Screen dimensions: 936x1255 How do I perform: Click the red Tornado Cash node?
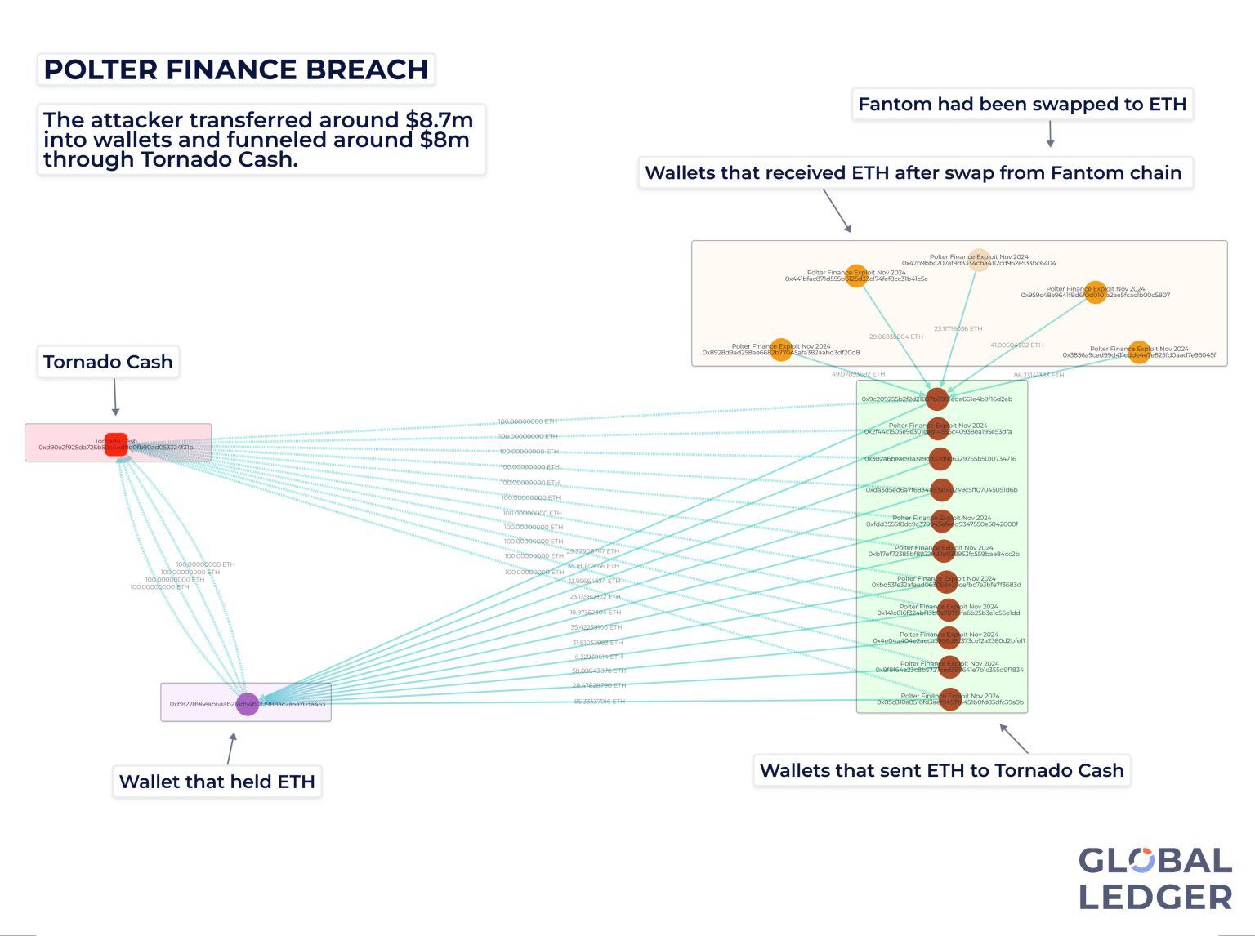click(116, 444)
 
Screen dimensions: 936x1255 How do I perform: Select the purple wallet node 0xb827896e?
click(248, 703)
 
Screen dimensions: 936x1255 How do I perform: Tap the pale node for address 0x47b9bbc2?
click(979, 261)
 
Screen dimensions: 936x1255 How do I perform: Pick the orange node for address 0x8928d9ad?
click(781, 350)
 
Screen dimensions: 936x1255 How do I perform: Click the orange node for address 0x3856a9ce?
click(1139, 352)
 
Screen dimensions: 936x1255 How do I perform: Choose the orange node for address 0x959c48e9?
click(1096, 292)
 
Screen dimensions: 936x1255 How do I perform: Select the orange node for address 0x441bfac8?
click(856, 276)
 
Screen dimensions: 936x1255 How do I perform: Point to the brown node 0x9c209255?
click(936, 399)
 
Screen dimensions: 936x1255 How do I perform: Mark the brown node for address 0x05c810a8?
click(949, 699)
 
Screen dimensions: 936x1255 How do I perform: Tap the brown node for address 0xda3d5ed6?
click(941, 490)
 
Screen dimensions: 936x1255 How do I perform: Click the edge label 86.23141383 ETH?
click(1038, 376)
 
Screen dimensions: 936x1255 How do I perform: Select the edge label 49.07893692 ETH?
click(858, 374)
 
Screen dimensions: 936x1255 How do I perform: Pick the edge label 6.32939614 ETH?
click(599, 657)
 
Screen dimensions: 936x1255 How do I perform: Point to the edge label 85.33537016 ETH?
click(599, 702)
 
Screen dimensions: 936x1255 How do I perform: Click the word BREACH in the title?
click(367, 70)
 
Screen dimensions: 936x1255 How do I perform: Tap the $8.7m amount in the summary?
click(440, 120)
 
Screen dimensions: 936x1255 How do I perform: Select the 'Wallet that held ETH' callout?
click(217, 782)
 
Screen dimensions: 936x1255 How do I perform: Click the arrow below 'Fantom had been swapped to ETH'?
click(1051, 134)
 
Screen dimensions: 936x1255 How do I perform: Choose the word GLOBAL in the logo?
click(1155, 861)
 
